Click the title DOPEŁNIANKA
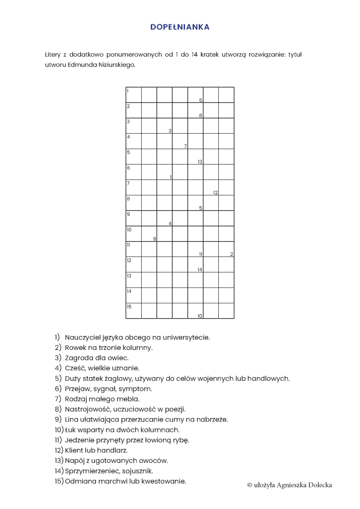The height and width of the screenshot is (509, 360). pyautogui.click(x=180, y=27)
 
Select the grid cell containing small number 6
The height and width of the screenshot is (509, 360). pyautogui.click(x=195, y=95)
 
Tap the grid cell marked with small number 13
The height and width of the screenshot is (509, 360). pyautogui.click(x=195, y=157)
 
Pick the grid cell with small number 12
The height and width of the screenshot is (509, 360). pyautogui.click(x=211, y=187)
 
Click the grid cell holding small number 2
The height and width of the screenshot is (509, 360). pyautogui.click(x=226, y=249)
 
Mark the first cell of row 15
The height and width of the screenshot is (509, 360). pyautogui.click(x=133, y=311)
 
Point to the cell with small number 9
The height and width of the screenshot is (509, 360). pyautogui.click(x=149, y=234)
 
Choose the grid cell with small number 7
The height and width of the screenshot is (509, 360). pyautogui.click(x=180, y=141)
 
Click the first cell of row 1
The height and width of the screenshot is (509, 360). pyautogui.click(x=133, y=95)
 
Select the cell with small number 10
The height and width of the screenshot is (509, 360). pyautogui.click(x=195, y=311)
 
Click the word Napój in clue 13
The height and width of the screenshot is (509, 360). pyautogui.click(x=75, y=461)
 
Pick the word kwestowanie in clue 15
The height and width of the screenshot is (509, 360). pyautogui.click(x=164, y=481)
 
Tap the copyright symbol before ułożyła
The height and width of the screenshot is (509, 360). pyautogui.click(x=250, y=485)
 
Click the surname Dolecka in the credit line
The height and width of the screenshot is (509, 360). pyautogui.click(x=318, y=485)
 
